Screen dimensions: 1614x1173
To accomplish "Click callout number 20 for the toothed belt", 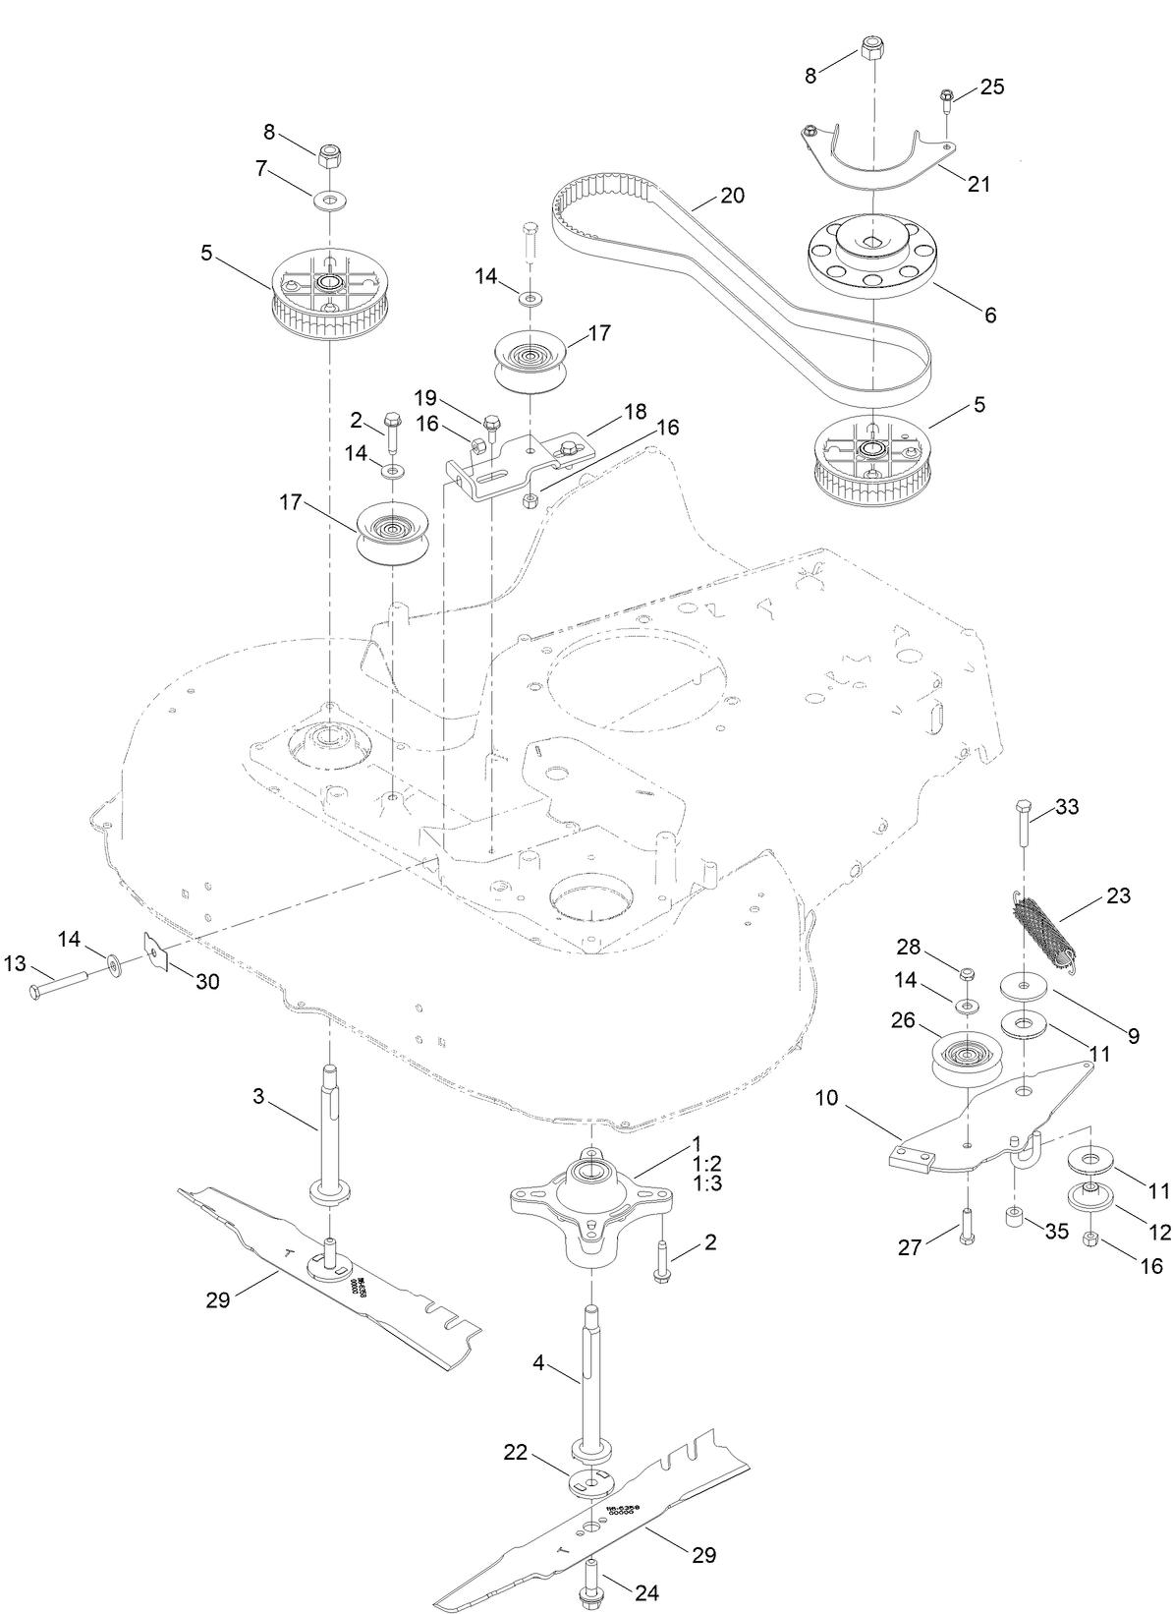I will coord(732,196).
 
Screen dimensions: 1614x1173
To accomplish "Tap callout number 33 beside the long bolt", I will coord(1067,807).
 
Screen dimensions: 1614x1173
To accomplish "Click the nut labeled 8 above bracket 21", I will coord(872,49).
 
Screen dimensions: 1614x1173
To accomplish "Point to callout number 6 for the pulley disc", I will coord(989,315).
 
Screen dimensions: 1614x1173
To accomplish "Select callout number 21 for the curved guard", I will coord(978,183).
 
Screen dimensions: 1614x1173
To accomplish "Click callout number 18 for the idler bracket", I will coord(607,413).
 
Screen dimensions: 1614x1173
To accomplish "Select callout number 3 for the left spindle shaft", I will coord(258,1096).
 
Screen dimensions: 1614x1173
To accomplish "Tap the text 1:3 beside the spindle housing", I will coord(707,1183).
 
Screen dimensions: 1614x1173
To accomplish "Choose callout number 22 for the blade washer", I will coord(516,1451).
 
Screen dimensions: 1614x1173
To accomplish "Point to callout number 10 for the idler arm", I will coord(827,1098).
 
